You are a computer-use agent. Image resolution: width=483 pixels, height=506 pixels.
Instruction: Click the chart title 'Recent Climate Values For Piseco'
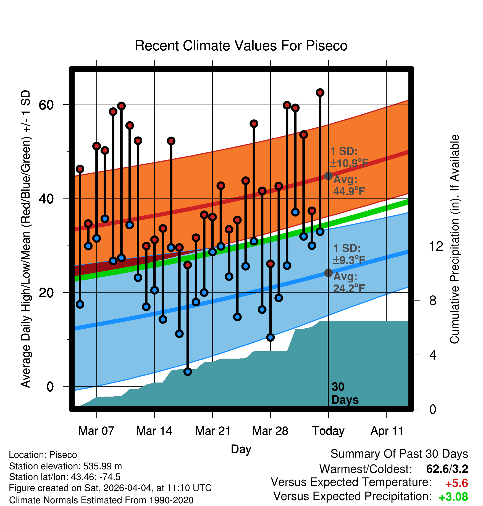click(241, 46)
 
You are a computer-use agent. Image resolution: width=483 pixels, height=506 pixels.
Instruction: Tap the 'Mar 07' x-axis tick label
click(96, 431)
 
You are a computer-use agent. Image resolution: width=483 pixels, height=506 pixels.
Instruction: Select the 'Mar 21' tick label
click(213, 431)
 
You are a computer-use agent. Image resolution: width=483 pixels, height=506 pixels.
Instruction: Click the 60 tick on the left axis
click(46, 105)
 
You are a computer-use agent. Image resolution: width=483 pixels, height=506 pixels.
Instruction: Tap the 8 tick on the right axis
click(433, 301)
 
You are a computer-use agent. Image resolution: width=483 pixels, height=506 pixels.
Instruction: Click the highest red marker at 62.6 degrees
click(320, 92)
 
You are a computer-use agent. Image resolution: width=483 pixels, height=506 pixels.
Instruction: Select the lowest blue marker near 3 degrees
click(188, 371)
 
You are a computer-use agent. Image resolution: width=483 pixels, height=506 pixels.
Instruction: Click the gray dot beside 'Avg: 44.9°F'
click(328, 175)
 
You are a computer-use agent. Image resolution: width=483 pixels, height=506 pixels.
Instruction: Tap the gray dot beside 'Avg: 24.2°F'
click(328, 273)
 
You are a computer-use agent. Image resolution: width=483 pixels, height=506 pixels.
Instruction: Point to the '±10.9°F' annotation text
click(349, 163)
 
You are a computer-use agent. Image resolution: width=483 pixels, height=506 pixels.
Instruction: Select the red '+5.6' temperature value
click(457, 483)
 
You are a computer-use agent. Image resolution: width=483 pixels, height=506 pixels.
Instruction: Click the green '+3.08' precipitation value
click(453, 497)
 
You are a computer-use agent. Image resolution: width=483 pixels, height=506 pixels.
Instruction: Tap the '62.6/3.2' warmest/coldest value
click(447, 469)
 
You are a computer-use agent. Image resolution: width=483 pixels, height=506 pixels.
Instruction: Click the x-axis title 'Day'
click(241, 449)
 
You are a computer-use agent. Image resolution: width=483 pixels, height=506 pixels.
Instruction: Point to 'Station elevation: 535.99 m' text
click(65, 466)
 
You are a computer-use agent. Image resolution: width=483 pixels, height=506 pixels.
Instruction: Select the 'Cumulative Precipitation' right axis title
click(455, 239)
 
